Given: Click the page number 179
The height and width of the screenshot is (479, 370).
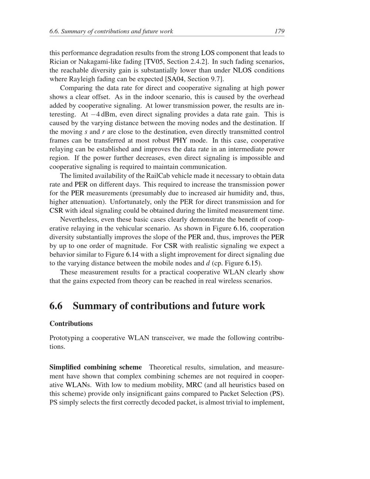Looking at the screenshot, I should point(279,31).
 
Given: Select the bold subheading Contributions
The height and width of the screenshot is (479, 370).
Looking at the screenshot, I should point(71,324).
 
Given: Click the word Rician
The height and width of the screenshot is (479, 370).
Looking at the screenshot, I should point(58,61).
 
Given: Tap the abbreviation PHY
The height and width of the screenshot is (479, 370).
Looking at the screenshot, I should point(180,140).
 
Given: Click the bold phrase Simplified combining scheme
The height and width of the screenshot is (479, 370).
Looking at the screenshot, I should point(95,367).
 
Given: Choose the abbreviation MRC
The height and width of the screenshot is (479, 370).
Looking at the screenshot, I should point(194,385).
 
